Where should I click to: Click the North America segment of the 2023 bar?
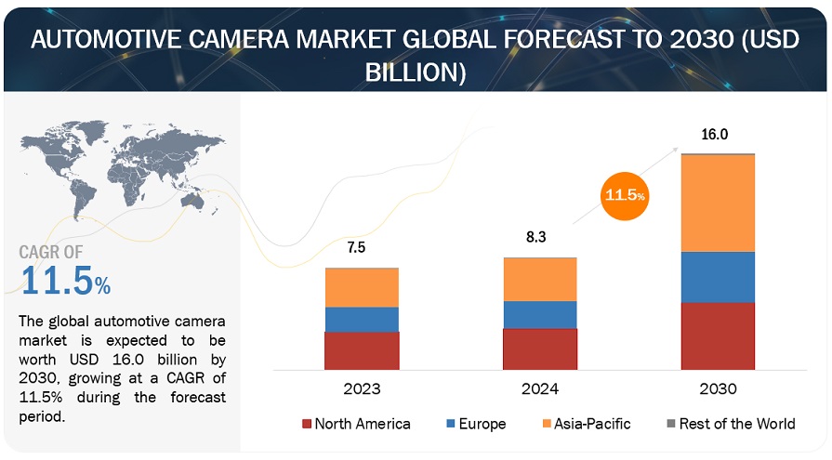point(362,350)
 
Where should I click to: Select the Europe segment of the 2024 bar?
point(540,314)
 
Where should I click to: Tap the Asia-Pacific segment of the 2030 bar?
point(717,203)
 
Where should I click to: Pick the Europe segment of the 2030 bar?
point(717,277)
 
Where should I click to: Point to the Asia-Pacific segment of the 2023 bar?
point(362,288)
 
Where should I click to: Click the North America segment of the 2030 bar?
point(717,335)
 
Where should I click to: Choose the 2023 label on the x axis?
point(362,388)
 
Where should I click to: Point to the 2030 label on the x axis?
point(718,388)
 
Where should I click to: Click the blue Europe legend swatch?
point(451,425)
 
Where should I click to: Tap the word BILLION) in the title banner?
point(416,71)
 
